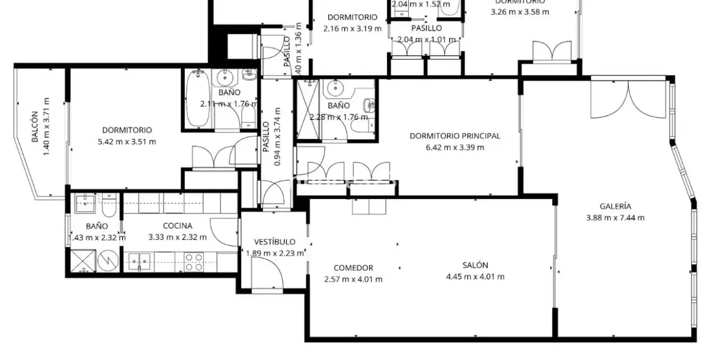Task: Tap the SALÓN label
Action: pos(475,265)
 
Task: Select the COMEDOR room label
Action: pos(353,268)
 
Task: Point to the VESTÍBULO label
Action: pos(275,242)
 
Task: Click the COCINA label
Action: pos(177,226)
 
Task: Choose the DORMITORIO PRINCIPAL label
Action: pos(455,136)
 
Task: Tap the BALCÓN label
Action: pos(35,126)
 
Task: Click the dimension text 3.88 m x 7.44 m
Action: pos(615,218)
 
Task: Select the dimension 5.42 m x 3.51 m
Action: pos(127,142)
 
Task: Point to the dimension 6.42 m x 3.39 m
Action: pos(455,147)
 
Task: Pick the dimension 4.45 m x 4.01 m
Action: pos(475,276)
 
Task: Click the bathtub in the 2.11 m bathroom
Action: pos(197,99)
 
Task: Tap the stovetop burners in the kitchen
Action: pos(193,262)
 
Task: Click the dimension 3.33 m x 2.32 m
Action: pos(177,237)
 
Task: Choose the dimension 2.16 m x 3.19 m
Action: pos(352,28)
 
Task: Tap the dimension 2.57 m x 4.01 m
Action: pos(353,279)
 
